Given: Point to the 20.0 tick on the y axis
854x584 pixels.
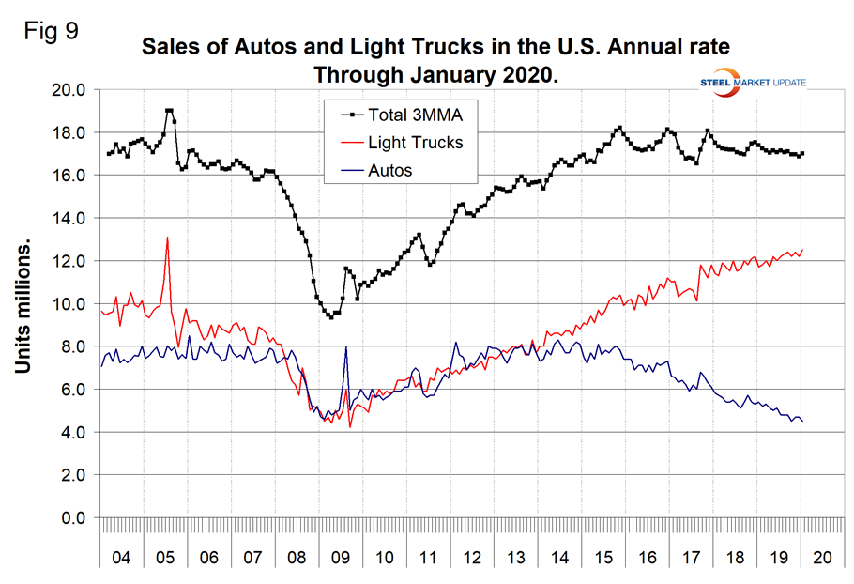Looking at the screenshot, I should [x=68, y=90].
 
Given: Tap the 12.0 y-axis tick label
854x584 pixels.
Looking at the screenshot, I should [x=68, y=261].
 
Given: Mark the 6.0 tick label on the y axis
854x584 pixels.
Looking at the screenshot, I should [x=71, y=390].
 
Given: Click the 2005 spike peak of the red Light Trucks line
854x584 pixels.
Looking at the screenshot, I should [x=167, y=237].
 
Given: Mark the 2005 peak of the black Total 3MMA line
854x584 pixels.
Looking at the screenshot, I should [x=169, y=110].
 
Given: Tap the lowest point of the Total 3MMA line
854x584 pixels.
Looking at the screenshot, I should [x=330, y=317].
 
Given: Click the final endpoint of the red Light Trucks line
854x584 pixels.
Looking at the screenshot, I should [x=802, y=250].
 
